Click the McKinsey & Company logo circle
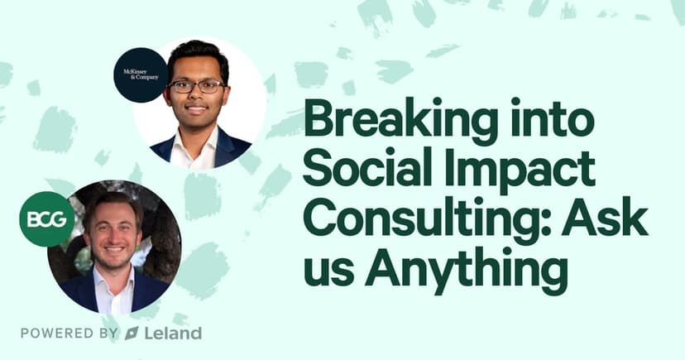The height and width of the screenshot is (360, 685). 141,75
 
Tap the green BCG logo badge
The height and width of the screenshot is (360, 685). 47,218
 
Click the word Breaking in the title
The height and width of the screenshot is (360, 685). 400,119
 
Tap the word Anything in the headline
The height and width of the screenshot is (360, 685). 466,270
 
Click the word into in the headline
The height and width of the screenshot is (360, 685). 552,119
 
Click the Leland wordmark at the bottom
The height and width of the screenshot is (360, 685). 174,334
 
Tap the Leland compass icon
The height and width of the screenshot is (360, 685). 132,334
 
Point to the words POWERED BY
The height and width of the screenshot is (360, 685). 69,334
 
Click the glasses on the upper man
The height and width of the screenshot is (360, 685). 197,86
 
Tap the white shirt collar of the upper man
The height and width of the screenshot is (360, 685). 193,144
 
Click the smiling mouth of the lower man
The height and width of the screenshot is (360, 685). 114,249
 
